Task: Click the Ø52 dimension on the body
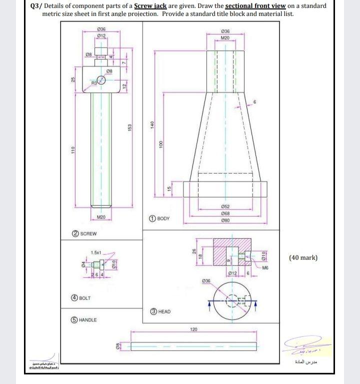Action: (x=225, y=206)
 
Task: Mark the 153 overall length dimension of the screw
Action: (x=129, y=129)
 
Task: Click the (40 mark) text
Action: (x=303, y=258)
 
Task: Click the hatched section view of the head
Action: (x=228, y=255)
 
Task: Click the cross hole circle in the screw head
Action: (x=101, y=80)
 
